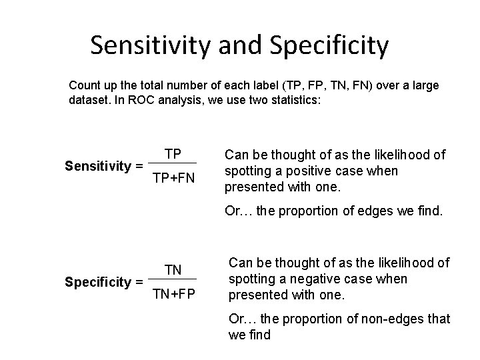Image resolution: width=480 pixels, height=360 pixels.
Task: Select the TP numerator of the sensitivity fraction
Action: [x=173, y=154]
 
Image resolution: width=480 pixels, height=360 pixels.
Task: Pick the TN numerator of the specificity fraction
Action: [x=173, y=269]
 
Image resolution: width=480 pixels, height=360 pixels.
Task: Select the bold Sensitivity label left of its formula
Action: [x=97, y=165]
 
